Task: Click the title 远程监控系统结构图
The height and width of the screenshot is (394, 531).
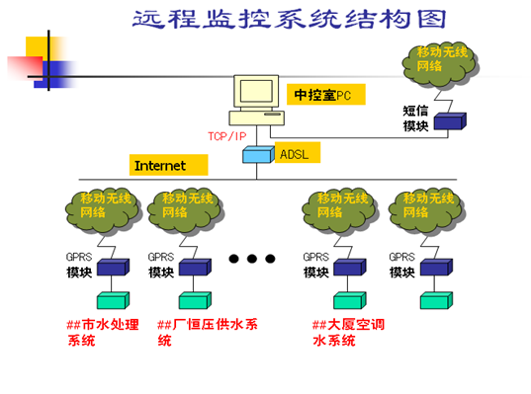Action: (289, 19)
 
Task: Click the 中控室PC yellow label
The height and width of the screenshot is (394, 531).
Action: (325, 95)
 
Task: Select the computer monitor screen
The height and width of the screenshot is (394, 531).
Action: (256, 91)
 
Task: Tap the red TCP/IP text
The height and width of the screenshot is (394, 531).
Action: (226, 136)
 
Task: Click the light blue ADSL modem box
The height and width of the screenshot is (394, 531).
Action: (258, 155)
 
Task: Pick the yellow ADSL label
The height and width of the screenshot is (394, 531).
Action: (298, 152)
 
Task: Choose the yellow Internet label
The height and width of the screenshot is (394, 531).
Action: (169, 165)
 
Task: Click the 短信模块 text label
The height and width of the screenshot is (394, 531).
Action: (415, 118)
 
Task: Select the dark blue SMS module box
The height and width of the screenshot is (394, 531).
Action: (450, 121)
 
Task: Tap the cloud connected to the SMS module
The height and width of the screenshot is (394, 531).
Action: (440, 65)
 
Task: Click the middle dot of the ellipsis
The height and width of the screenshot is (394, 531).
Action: (252, 259)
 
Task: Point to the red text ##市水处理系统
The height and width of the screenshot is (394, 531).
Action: (103, 333)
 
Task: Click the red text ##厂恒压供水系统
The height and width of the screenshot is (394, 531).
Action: (208, 333)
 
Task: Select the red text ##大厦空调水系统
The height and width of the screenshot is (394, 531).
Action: (348, 333)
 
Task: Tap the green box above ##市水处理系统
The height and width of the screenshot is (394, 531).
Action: (113, 300)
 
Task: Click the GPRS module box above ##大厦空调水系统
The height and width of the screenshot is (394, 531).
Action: (350, 268)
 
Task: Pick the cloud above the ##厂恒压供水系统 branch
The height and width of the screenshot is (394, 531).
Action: (186, 211)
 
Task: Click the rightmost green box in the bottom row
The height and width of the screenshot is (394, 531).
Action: (436, 300)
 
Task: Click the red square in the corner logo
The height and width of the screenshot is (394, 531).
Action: (26, 68)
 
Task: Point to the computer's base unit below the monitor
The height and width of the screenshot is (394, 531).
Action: (257, 118)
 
